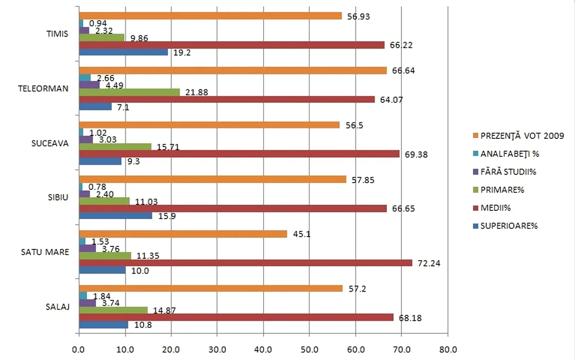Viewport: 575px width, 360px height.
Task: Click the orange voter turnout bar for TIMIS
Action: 210,16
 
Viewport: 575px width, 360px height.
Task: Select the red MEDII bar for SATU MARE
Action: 246,263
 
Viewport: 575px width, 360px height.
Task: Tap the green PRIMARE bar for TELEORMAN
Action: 129,92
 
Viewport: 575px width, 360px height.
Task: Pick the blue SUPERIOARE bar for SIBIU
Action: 116,216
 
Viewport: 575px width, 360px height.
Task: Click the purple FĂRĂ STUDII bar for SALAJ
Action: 87,303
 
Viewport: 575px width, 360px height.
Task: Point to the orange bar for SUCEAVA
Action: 209,125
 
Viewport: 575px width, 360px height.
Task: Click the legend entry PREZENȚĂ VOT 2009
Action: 522,136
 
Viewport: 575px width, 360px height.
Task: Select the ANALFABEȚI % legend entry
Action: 509,153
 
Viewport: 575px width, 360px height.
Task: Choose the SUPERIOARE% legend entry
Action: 509,225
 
